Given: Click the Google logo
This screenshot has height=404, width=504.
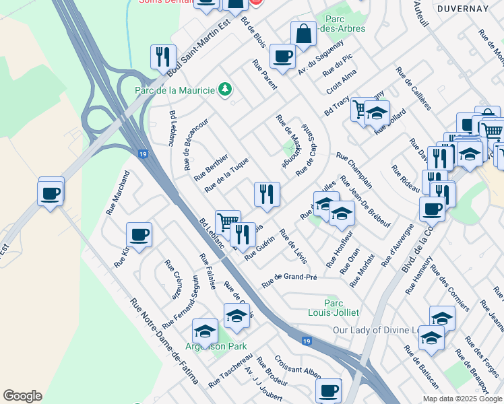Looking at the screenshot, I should point(22,396).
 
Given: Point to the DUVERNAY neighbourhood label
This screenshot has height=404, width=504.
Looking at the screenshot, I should point(462,8).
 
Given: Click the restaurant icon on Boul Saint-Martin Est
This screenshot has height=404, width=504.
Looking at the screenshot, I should point(163,57).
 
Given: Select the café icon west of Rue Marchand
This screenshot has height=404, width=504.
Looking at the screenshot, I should point(51,193).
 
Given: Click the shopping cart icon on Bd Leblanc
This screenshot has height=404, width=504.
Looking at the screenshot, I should point(228,222).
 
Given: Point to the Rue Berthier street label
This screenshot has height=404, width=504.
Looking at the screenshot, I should point(211,167).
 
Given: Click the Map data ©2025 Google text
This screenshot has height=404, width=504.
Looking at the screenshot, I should point(463,399).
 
